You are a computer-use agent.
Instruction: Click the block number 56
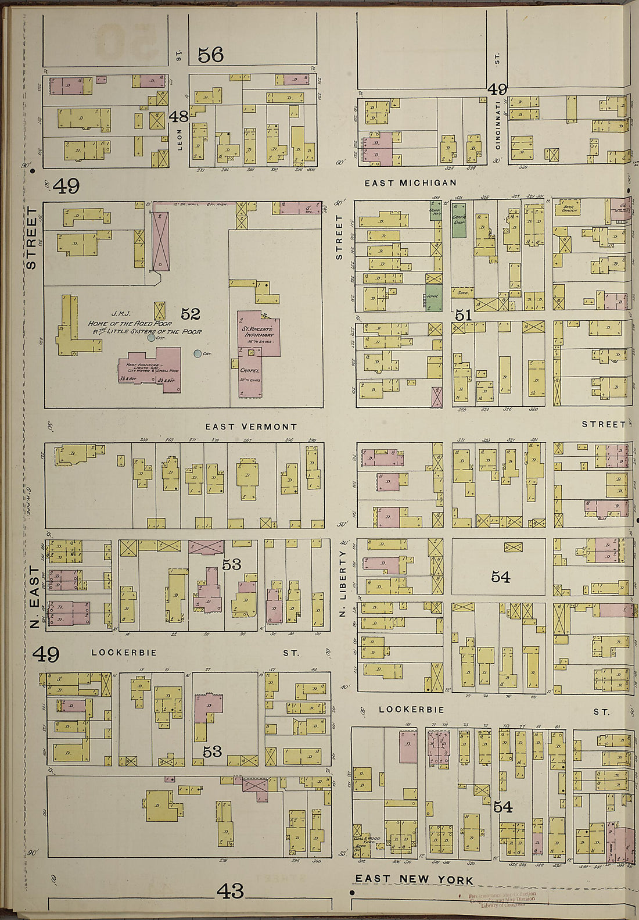coord(210,55)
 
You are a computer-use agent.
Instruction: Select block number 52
coord(190,314)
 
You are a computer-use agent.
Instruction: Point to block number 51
coord(463,315)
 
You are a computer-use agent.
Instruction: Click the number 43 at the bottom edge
coord(231,890)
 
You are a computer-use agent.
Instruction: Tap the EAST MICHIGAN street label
coord(402,183)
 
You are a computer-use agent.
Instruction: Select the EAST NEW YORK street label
coord(414,880)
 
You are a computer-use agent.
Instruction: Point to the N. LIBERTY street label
coord(343,584)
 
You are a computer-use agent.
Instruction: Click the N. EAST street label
coord(34,599)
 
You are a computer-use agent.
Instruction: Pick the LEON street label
coord(180,139)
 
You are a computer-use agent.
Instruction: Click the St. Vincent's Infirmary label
coord(258,332)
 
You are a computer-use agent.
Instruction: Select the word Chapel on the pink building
coord(250,370)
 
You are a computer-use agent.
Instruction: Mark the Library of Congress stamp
coord(503,900)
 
